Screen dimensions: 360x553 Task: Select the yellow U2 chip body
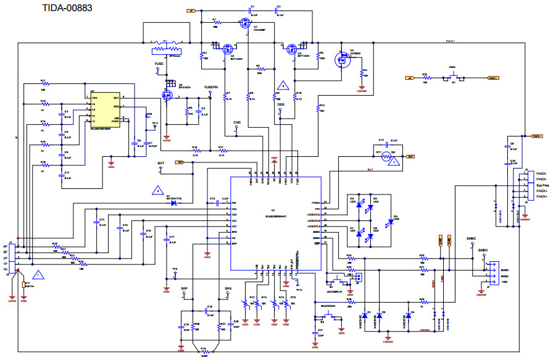pyautogui.click(x=106, y=109)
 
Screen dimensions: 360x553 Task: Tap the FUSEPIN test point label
pyautogui.click(x=211, y=88)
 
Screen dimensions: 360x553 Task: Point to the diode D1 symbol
pyautogui.click(x=174, y=203)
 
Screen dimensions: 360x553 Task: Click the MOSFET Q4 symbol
pyautogui.click(x=341, y=59)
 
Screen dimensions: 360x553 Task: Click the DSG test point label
pyautogui.click(x=280, y=106)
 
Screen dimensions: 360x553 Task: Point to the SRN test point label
pyautogui.click(x=228, y=288)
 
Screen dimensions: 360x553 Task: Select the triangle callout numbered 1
pyautogui.click(x=38, y=273)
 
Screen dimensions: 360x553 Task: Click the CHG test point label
pyautogui.click(x=236, y=123)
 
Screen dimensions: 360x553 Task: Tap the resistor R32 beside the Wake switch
pyautogui.click(x=425, y=78)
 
